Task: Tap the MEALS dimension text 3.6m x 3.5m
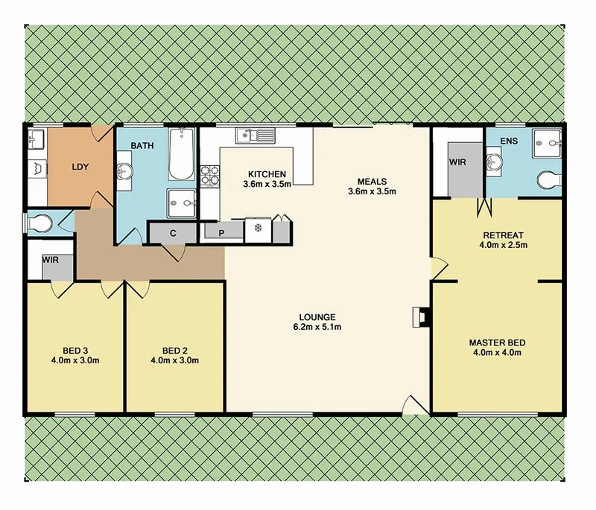(372, 191)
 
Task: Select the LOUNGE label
(319, 316)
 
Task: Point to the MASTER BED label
(498, 342)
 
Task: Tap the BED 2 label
(174, 350)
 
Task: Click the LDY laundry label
(80, 167)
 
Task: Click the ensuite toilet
(550, 179)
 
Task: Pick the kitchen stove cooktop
(209, 175)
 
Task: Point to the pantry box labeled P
(221, 232)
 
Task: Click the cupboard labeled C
(173, 233)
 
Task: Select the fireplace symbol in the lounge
(420, 318)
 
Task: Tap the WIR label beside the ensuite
(457, 162)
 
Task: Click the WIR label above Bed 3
(51, 261)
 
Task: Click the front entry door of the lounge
(412, 407)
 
